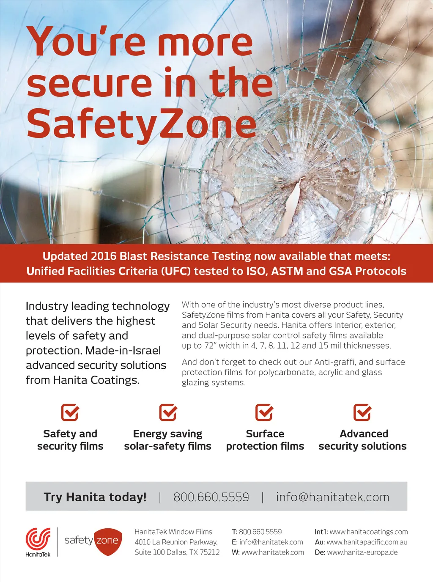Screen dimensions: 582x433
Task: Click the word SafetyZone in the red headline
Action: coord(141,124)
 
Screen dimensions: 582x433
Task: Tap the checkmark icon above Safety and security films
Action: coord(70,412)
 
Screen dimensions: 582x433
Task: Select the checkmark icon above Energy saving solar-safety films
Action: coord(168,412)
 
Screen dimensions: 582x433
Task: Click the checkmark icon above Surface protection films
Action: coord(265,412)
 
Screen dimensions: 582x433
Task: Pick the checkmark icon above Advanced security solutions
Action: coord(362,412)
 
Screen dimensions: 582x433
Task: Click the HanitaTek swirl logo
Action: coord(38,538)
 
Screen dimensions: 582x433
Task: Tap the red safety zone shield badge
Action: coord(108,541)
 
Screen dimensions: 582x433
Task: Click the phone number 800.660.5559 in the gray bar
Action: coord(211,497)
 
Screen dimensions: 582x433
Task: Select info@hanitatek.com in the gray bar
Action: coord(332,497)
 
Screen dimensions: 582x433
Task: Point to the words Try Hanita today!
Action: coord(95,497)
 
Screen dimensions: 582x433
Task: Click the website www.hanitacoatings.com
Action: coord(369,532)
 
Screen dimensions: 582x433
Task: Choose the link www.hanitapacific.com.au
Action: coord(367,542)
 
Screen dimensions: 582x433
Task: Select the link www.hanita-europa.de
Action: coord(362,552)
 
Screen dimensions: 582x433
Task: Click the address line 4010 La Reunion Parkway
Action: coord(176,542)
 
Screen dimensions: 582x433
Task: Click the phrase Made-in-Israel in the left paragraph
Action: coord(123,351)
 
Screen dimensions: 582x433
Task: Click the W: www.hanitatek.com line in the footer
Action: coord(268,552)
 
